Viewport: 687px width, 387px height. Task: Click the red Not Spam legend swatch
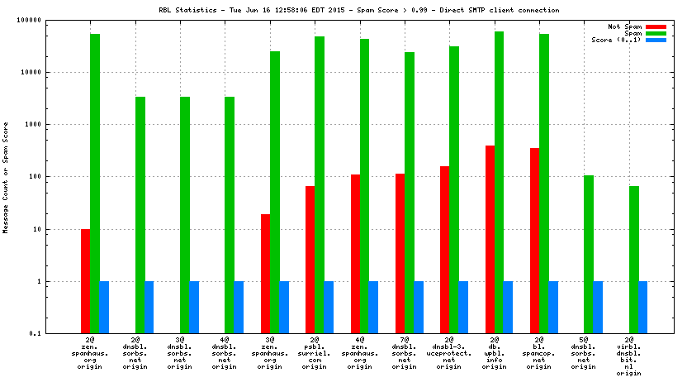coord(656,26)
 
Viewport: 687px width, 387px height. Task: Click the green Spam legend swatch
coord(656,33)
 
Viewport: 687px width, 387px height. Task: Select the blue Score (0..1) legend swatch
coord(656,40)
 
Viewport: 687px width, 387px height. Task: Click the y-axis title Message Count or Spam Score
coord(6,177)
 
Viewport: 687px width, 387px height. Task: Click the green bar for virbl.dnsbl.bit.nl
coord(633,259)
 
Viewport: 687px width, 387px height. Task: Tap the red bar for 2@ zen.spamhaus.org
coord(86,280)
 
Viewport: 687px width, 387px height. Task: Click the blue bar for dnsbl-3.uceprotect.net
coord(463,307)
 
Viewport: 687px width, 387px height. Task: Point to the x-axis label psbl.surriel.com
coord(315,352)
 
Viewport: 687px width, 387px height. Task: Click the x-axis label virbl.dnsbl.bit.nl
coord(629,356)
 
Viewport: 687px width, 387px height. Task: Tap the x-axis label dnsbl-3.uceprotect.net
coord(449,352)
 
